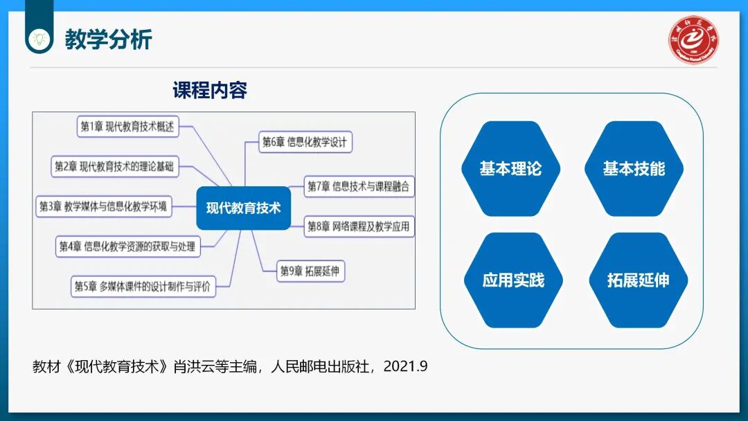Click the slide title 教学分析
(x=108, y=39)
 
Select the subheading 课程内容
(x=210, y=90)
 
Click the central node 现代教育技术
(x=243, y=208)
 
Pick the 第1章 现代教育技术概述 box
(x=127, y=126)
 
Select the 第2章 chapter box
(x=114, y=166)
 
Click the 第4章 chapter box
(x=127, y=246)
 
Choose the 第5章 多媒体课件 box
(x=143, y=285)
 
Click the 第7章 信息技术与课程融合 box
(x=359, y=186)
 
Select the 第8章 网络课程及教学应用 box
(x=359, y=226)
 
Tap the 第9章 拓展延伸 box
(x=310, y=271)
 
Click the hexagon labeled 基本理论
(x=510, y=169)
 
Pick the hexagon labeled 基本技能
(x=634, y=169)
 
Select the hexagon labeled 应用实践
(x=513, y=280)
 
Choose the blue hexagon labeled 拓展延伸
(x=638, y=280)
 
